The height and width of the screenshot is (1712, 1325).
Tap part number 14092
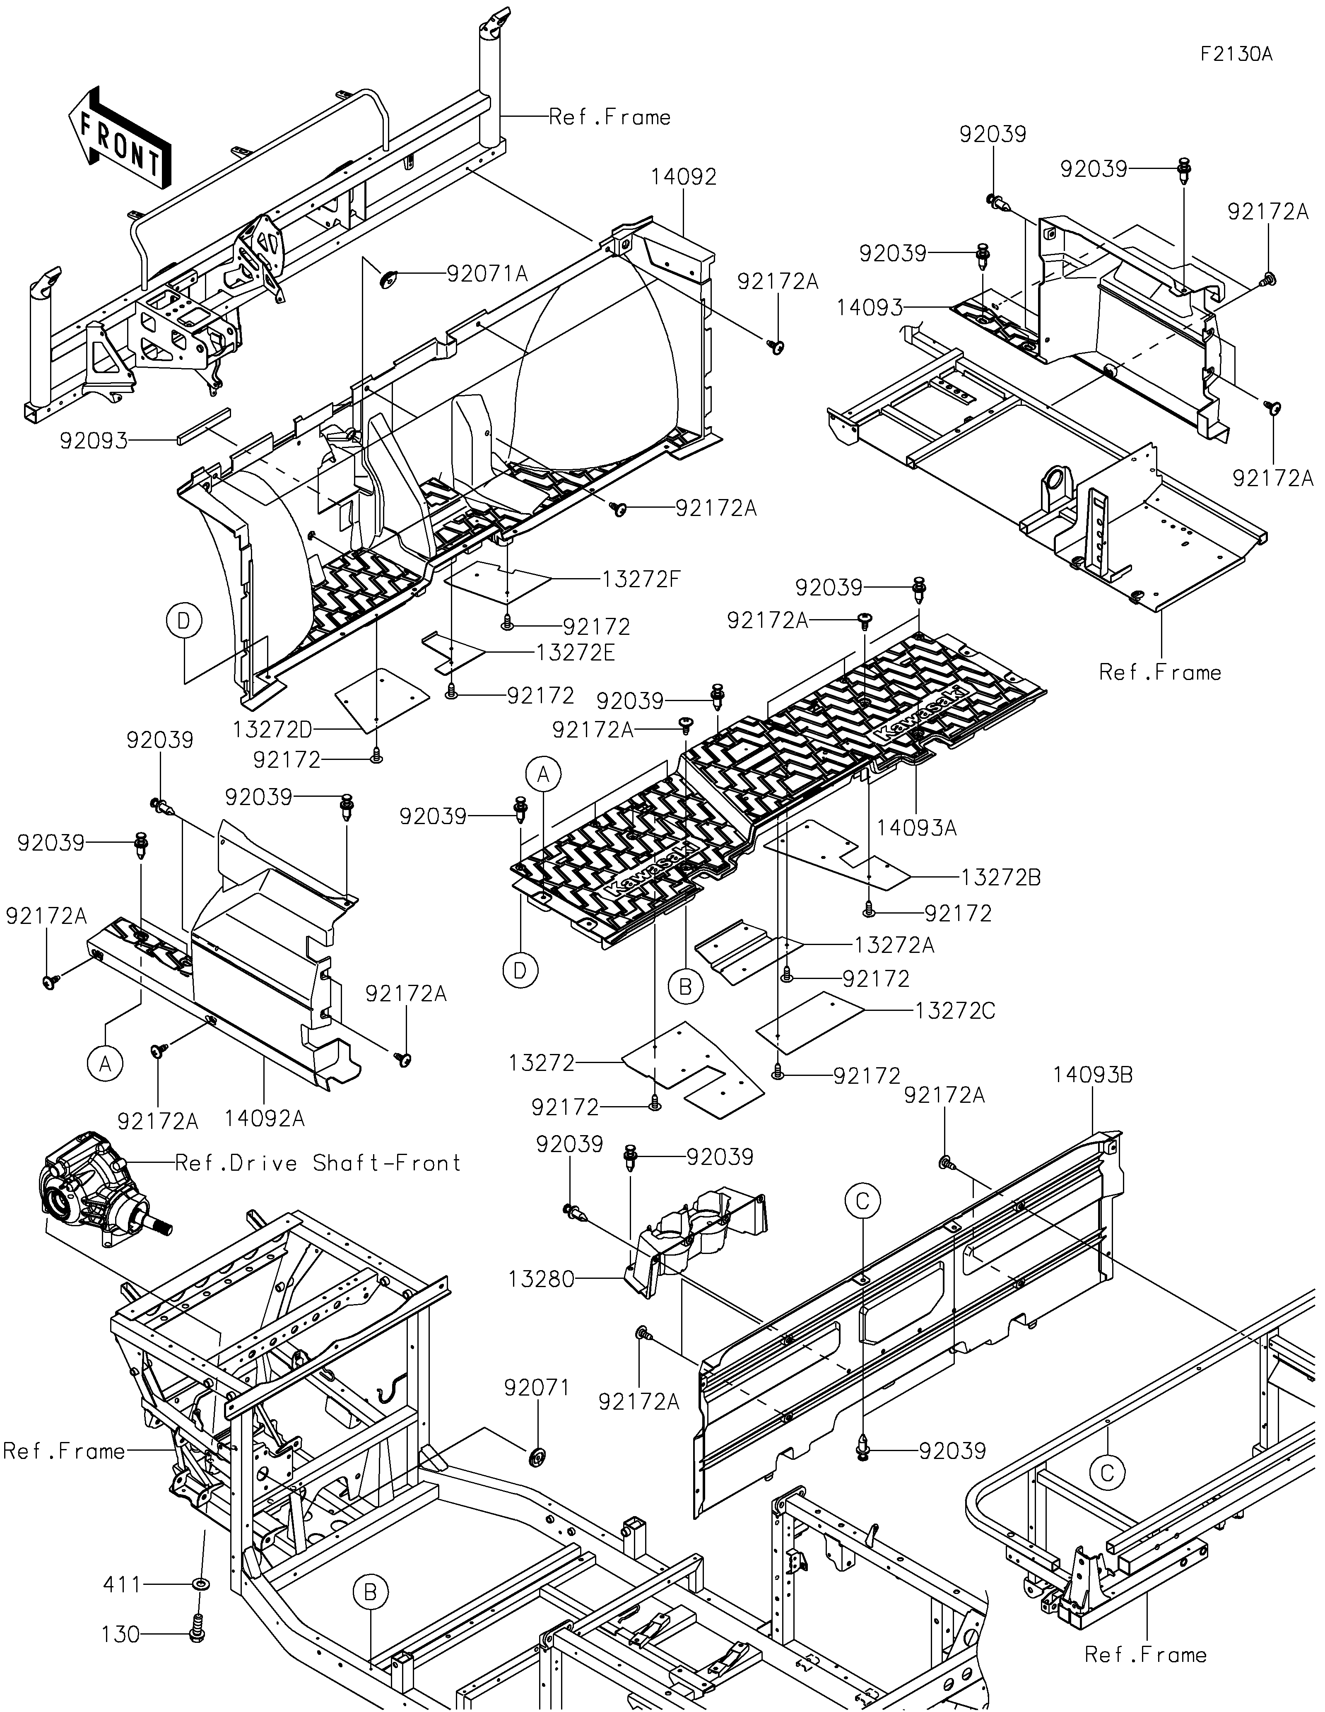[x=683, y=177]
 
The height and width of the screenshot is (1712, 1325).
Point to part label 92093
[x=94, y=441]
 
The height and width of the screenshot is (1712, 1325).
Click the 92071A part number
[x=487, y=274]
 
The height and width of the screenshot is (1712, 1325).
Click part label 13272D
[x=273, y=730]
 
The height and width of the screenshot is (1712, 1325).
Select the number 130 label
[x=120, y=1635]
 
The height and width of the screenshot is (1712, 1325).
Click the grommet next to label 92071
[x=537, y=1456]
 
